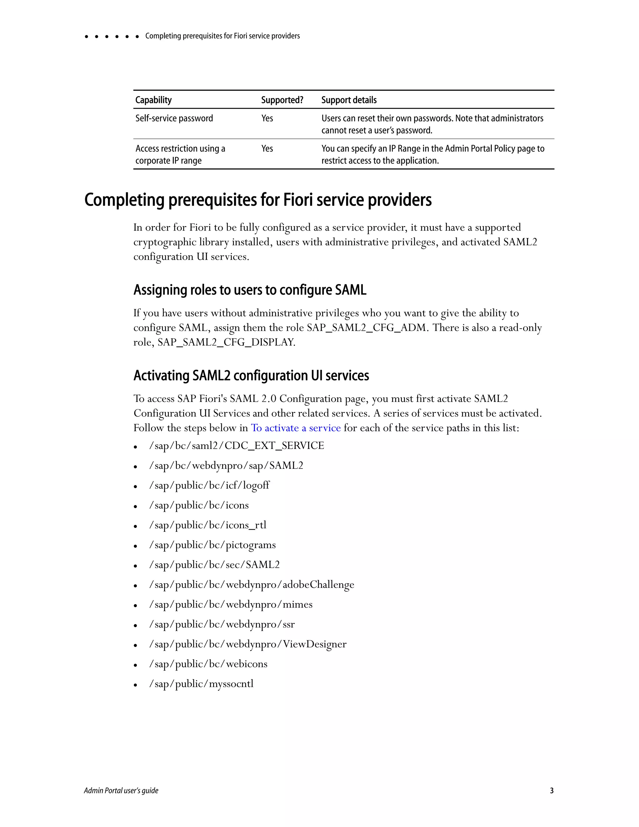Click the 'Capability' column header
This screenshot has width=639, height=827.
tap(153, 100)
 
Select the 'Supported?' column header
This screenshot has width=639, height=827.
tap(282, 100)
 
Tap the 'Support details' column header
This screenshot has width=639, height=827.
tap(349, 100)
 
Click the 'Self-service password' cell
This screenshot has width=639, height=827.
tap(174, 118)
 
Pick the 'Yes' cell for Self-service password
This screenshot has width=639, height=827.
tap(267, 118)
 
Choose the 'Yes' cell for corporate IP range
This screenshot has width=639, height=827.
tap(267, 149)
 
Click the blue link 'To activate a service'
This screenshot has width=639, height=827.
tap(296, 428)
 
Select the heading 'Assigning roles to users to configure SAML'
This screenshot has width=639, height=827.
tap(250, 290)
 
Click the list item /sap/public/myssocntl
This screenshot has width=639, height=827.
tap(201, 684)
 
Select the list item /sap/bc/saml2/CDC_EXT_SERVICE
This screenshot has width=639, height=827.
tap(237, 446)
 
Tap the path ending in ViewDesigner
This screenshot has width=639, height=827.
tap(248, 644)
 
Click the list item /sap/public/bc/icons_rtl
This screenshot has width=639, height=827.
tap(208, 525)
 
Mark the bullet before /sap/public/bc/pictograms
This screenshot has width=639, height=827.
tap(135, 546)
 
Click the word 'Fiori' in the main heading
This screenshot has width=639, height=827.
tap(298, 200)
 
